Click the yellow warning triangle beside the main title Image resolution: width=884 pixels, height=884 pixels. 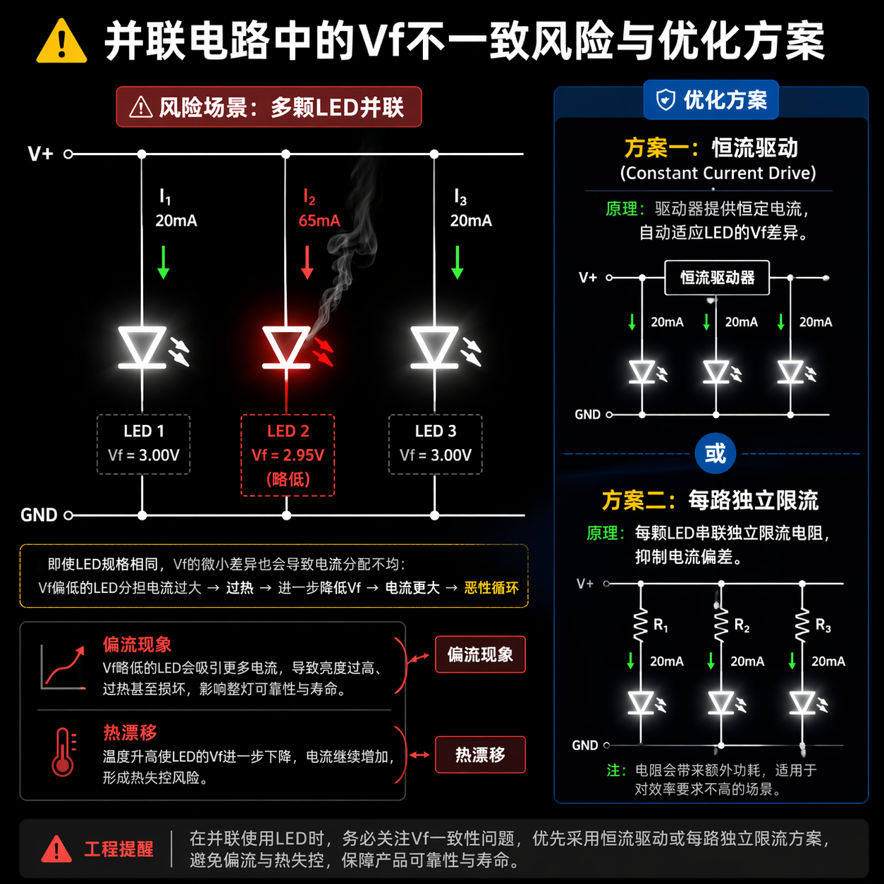click(61, 42)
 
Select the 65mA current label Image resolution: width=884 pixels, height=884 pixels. click(319, 221)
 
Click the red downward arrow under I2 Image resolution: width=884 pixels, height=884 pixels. click(307, 262)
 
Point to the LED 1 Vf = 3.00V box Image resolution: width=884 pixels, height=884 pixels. click(143, 444)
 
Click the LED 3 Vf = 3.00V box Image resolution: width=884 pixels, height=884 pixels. click(435, 444)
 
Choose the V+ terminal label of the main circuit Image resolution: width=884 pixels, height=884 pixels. click(41, 154)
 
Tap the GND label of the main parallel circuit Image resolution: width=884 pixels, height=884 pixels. click(39, 515)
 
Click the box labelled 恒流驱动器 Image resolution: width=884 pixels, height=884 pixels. click(717, 278)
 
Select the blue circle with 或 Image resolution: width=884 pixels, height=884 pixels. click(715, 453)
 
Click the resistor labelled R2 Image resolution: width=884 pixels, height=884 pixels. click(721, 625)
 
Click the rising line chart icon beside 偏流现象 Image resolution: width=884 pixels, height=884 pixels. click(63, 666)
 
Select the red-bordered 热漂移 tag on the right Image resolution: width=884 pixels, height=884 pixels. click(480, 755)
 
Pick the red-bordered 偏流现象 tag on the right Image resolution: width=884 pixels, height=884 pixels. click(480, 655)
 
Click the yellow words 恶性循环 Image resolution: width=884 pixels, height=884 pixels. click(491, 588)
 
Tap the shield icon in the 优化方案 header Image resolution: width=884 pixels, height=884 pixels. click(665, 100)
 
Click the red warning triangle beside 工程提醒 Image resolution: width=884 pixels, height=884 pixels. click(56, 849)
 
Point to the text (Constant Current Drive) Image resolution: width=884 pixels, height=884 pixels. click(718, 173)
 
